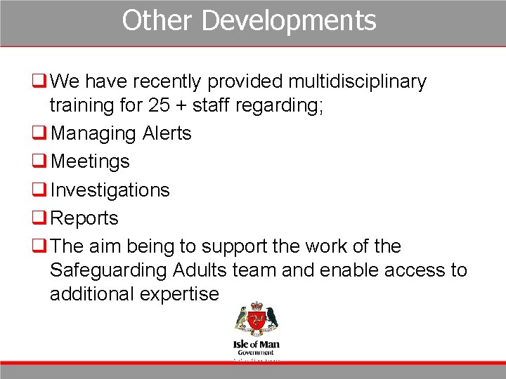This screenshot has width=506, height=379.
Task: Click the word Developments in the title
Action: point(289,20)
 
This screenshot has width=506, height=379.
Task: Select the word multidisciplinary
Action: point(357,82)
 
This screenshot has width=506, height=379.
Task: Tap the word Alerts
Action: point(167,133)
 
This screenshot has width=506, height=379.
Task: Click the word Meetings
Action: point(91,161)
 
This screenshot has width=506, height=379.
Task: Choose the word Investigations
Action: point(110,190)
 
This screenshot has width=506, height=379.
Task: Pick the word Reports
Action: point(85,218)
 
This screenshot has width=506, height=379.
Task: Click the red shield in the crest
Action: point(256,321)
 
